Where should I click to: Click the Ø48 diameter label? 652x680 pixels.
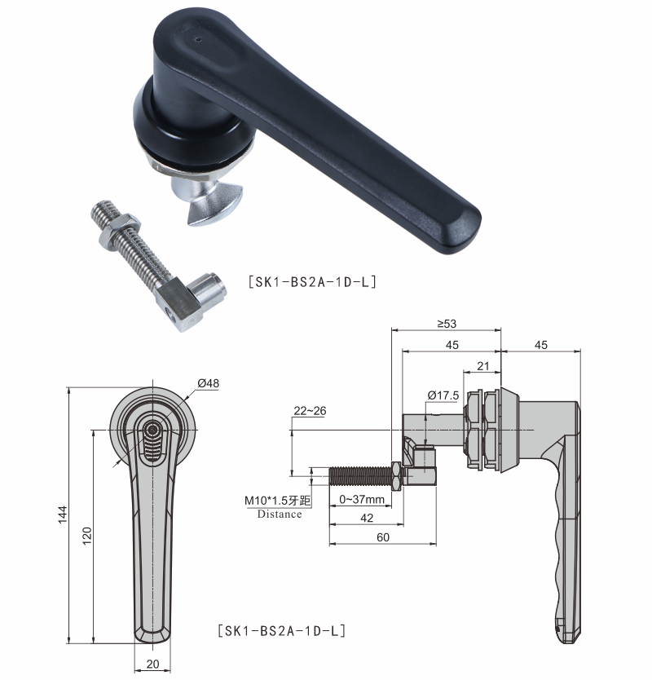[208, 383]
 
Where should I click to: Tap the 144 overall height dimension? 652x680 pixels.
[63, 514]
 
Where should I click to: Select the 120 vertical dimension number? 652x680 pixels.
[87, 536]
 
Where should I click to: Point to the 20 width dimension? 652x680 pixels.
[152, 664]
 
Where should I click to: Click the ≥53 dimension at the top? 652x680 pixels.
[447, 324]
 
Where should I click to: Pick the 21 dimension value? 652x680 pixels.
[483, 366]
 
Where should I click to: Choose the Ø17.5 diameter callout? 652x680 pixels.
[443, 395]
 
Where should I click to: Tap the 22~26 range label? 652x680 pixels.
[310, 411]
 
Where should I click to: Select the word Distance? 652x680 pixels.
[280, 514]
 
